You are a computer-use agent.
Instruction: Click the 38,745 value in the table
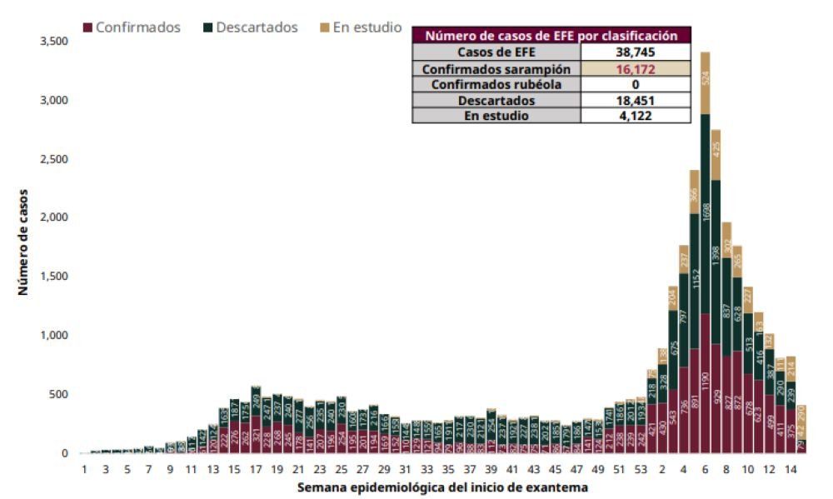coord(636,52)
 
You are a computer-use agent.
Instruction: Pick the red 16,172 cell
coord(636,69)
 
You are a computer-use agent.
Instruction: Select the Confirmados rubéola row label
coord(496,84)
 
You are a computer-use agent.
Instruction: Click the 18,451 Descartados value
coord(636,101)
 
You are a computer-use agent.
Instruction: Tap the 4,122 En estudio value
coord(636,116)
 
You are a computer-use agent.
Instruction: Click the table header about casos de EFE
coord(551,35)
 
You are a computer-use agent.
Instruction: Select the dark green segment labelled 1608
coord(705,212)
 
